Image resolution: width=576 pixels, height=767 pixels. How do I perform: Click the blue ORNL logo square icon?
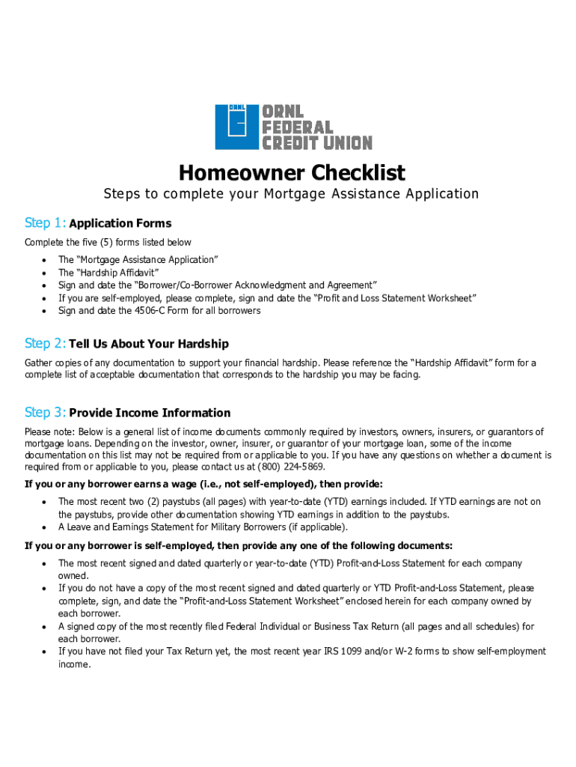(236, 127)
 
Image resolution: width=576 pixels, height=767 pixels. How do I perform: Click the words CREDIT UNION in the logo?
(316, 142)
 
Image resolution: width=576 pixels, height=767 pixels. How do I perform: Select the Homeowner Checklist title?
(291, 173)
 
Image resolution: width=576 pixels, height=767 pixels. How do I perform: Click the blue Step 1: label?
(45, 223)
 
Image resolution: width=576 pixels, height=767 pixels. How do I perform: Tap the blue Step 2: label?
(45, 344)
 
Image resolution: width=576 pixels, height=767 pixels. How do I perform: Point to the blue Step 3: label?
(45, 413)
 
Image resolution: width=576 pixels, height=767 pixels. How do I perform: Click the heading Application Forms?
(120, 223)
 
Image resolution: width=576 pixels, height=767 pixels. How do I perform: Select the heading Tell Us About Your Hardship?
(149, 344)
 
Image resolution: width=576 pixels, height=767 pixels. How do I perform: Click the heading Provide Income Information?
(150, 413)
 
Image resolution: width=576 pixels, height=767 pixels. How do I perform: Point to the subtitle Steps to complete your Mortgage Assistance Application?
(291, 194)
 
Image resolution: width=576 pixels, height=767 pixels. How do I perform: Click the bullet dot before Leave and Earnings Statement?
(46, 527)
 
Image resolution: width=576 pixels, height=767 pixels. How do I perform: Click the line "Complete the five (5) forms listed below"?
(108, 242)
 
